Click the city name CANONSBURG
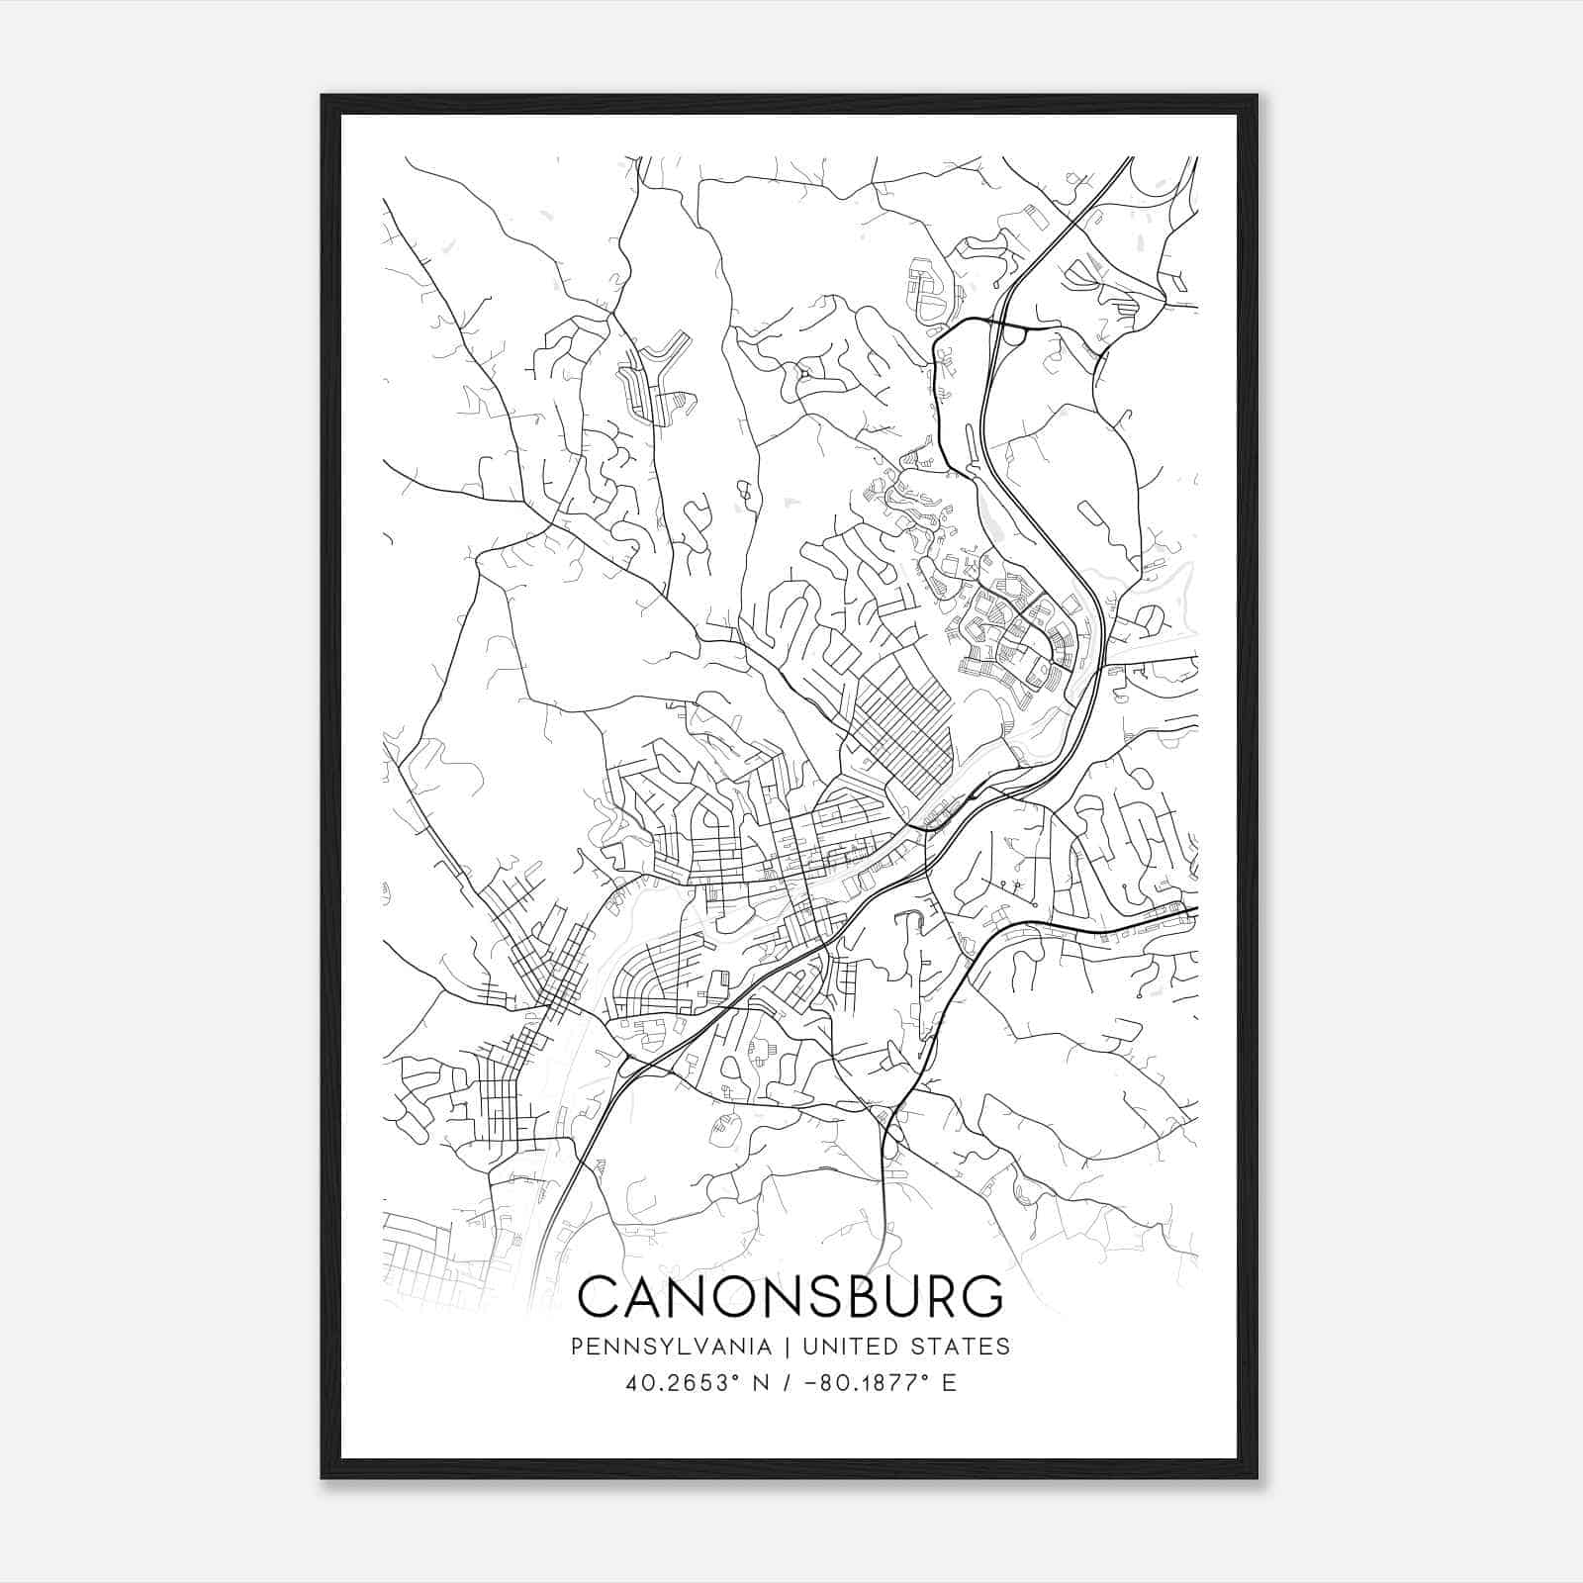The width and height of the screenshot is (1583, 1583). [790, 1298]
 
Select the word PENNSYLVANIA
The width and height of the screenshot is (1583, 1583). [670, 1347]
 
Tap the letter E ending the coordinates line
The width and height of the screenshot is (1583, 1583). [949, 1383]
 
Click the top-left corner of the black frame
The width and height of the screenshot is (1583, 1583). [324, 97]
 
